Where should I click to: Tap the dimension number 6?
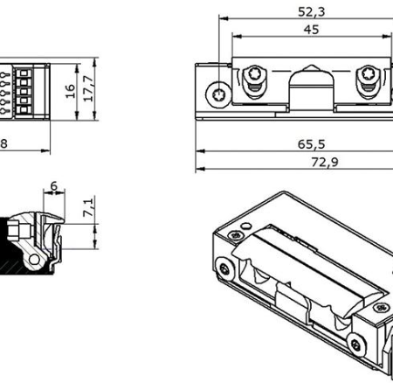click(x=54, y=185)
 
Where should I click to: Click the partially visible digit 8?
click(x=3, y=143)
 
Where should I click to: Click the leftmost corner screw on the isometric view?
click(x=226, y=268)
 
